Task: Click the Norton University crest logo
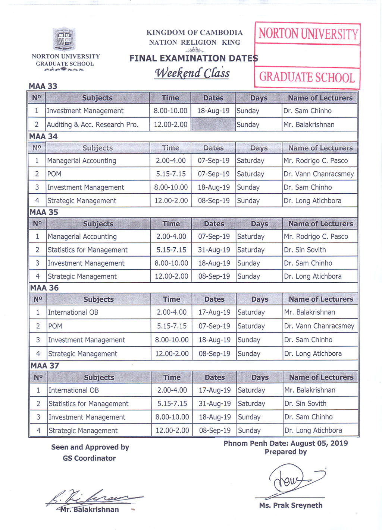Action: [64, 39]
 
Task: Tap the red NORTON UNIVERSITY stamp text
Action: [308, 34]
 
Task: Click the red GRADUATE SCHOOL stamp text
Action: [307, 77]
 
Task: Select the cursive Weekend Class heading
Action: [192, 73]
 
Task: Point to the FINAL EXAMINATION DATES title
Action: [193, 58]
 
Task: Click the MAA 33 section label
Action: [43, 86]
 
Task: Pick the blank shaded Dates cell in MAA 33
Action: [213, 124]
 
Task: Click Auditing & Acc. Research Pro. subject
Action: [93, 124]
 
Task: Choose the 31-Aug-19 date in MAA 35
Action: [214, 250]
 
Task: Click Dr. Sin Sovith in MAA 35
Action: [305, 250]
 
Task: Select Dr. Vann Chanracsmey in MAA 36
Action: [319, 326]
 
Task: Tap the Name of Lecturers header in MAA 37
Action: [321, 377]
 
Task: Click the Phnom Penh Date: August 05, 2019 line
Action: [286, 443]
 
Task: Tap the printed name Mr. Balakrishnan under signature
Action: [90, 510]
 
